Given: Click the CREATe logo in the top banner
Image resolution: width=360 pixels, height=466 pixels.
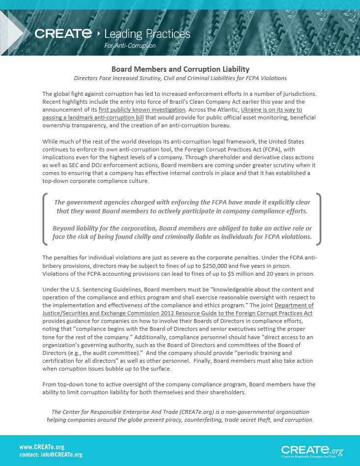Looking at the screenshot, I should pos(63,33).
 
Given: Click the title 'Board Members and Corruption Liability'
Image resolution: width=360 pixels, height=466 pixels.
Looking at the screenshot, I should pos(180,69).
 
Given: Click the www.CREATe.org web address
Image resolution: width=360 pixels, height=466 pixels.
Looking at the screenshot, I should pos(42,447).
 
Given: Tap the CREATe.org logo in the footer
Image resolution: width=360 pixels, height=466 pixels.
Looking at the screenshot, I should pos(312,450).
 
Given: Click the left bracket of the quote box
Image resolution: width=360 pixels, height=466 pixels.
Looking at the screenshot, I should pos(45,219).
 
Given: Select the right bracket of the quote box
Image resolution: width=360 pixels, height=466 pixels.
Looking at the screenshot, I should pos(318,219).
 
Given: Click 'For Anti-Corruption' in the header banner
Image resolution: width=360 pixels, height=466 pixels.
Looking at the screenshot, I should pos(130,46).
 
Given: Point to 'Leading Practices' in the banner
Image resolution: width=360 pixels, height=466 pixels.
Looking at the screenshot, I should pos(147,34).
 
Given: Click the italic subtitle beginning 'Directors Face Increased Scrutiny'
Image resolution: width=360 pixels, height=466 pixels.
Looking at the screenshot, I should pos(180,78).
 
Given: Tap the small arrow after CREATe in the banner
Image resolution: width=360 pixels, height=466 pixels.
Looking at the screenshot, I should pos(99,33).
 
